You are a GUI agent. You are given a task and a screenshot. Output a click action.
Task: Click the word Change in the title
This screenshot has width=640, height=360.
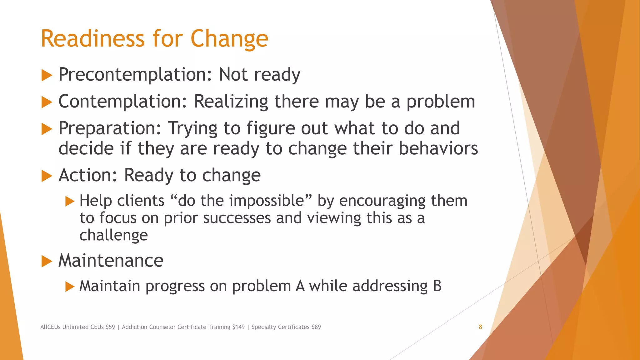[229, 39]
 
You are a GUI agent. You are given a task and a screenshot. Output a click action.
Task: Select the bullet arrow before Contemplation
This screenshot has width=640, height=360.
[47, 102]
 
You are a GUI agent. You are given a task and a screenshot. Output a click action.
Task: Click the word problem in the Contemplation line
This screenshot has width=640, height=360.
[441, 102]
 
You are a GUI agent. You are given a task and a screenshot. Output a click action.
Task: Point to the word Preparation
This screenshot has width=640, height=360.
[110, 129]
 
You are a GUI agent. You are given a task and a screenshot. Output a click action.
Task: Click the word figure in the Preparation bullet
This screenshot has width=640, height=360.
[271, 129]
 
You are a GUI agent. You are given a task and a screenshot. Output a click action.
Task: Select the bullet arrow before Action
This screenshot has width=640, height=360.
[47, 176]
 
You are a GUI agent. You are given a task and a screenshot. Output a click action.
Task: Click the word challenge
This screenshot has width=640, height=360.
[113, 235]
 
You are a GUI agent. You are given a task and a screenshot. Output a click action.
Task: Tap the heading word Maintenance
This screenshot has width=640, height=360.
[111, 261]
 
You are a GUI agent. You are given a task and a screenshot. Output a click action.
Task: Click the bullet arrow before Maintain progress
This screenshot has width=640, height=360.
[70, 287]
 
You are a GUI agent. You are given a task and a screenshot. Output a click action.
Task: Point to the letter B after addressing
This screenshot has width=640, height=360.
[437, 286]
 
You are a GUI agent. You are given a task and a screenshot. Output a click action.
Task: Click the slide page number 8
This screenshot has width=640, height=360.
[480, 327]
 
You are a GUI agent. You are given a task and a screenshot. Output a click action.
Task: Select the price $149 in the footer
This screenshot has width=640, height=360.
[238, 327]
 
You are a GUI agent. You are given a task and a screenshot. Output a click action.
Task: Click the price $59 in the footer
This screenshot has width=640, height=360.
[110, 327]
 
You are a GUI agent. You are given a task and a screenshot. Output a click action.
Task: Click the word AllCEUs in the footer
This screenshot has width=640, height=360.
[50, 327]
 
